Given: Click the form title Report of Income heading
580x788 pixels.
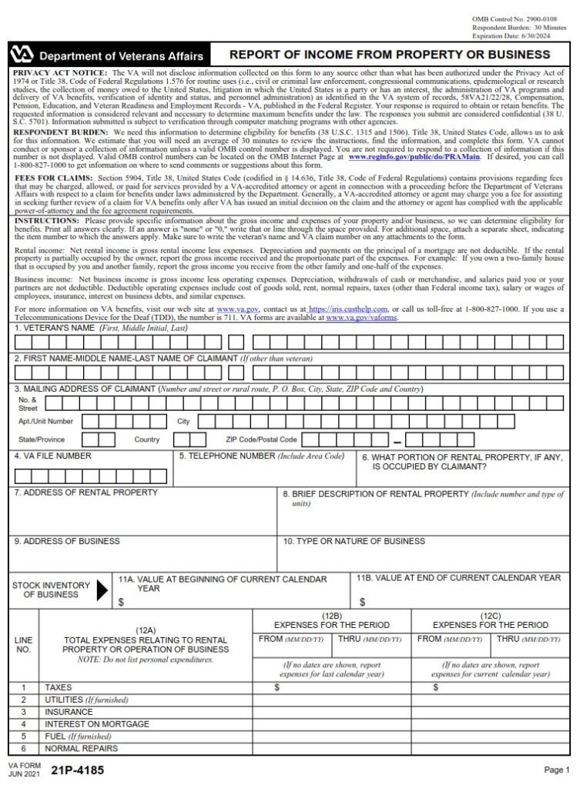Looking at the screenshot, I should coord(391,55).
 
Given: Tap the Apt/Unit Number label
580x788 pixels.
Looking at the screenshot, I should coord(46,422).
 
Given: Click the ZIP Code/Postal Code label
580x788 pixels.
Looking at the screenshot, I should coord(261,439).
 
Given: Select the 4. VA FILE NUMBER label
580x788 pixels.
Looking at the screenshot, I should coord(52,456).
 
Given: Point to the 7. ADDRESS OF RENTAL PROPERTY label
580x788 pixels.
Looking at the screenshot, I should coord(85,492).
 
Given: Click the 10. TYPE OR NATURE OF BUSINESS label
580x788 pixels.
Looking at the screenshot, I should coord(354,541).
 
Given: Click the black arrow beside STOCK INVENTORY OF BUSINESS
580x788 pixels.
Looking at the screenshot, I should coord(102,590).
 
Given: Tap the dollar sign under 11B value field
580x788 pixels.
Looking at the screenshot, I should coord(362,602).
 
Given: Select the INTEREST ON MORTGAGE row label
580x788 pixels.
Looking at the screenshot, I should coord(97,724).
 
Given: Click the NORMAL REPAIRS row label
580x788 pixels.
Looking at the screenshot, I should coord(82,748).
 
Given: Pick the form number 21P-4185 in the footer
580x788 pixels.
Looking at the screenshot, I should coord(77,770).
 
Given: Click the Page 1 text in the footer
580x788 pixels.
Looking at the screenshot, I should coord(555,770).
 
